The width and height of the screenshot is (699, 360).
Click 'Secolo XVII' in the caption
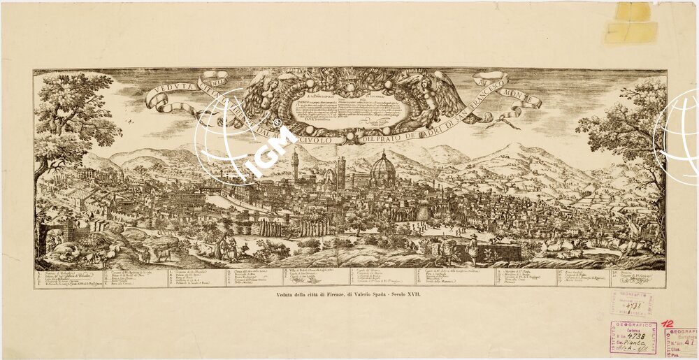tap(412, 297)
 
